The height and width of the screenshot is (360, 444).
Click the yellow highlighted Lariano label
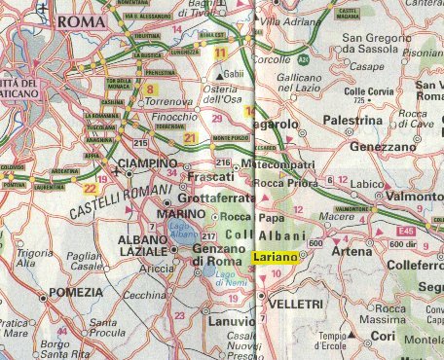pyautogui.click(x=275, y=257)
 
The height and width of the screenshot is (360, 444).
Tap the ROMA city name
pyautogui.click(x=81, y=21)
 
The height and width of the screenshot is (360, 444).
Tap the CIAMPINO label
pyautogui.click(x=146, y=163)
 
